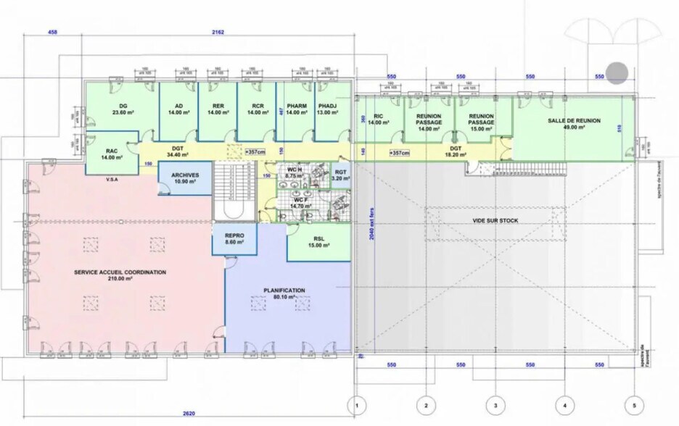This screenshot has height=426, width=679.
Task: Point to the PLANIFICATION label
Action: point(284,293)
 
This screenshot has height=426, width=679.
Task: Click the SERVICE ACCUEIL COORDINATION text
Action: point(120,275)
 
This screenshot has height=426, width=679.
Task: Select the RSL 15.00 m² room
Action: point(318,241)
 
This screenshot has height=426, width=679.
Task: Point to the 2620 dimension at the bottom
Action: point(189,413)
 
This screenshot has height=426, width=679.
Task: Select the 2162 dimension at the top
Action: point(218,33)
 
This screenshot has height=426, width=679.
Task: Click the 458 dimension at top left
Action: point(53,33)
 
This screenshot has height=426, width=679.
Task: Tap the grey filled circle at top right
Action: point(617,72)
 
